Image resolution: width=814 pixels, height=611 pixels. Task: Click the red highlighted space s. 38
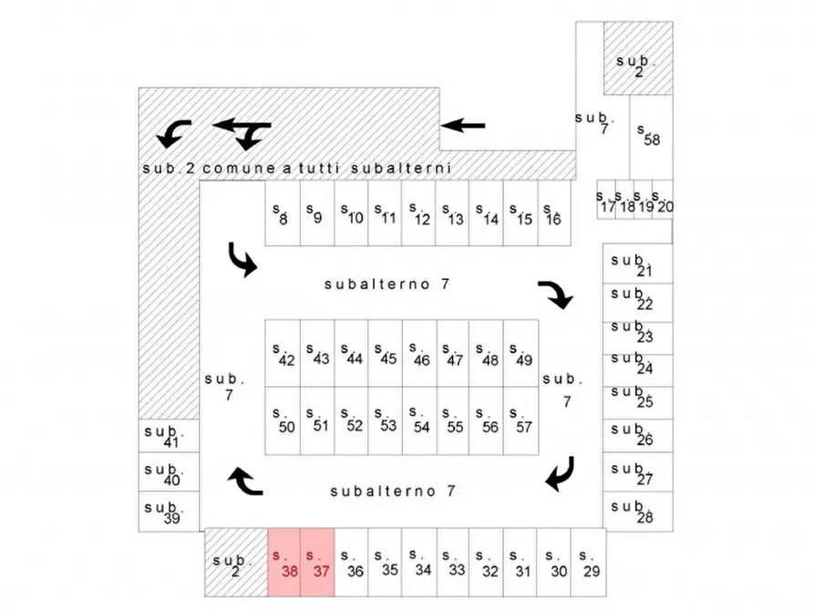pos(284,563)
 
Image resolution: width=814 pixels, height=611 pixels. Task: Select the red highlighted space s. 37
pos(318,563)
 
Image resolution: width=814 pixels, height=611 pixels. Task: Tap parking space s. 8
pos(283,213)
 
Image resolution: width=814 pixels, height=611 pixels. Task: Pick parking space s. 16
pos(554,213)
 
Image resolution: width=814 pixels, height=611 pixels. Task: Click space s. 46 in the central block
pos(419,353)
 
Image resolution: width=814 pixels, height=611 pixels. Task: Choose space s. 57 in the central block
pos(520,420)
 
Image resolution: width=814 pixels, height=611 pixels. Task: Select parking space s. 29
pos(589,563)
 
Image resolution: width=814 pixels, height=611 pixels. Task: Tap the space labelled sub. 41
pos(169,435)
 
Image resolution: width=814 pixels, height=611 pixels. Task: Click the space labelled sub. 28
pos(638,511)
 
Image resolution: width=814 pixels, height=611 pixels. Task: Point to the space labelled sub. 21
pos(638,264)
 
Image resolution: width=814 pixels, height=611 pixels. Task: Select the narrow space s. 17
pos(606,200)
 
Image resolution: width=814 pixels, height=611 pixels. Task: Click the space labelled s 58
pos(652,137)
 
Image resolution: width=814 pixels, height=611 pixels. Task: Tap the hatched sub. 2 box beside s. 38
pos(236,563)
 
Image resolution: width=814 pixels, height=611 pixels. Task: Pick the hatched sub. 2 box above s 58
pos(638,58)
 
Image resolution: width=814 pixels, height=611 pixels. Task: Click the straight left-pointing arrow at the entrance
pos(463,125)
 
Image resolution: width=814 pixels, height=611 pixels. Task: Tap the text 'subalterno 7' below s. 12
pos(386,285)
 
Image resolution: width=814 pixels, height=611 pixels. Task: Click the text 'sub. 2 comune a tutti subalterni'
pos(297,169)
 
